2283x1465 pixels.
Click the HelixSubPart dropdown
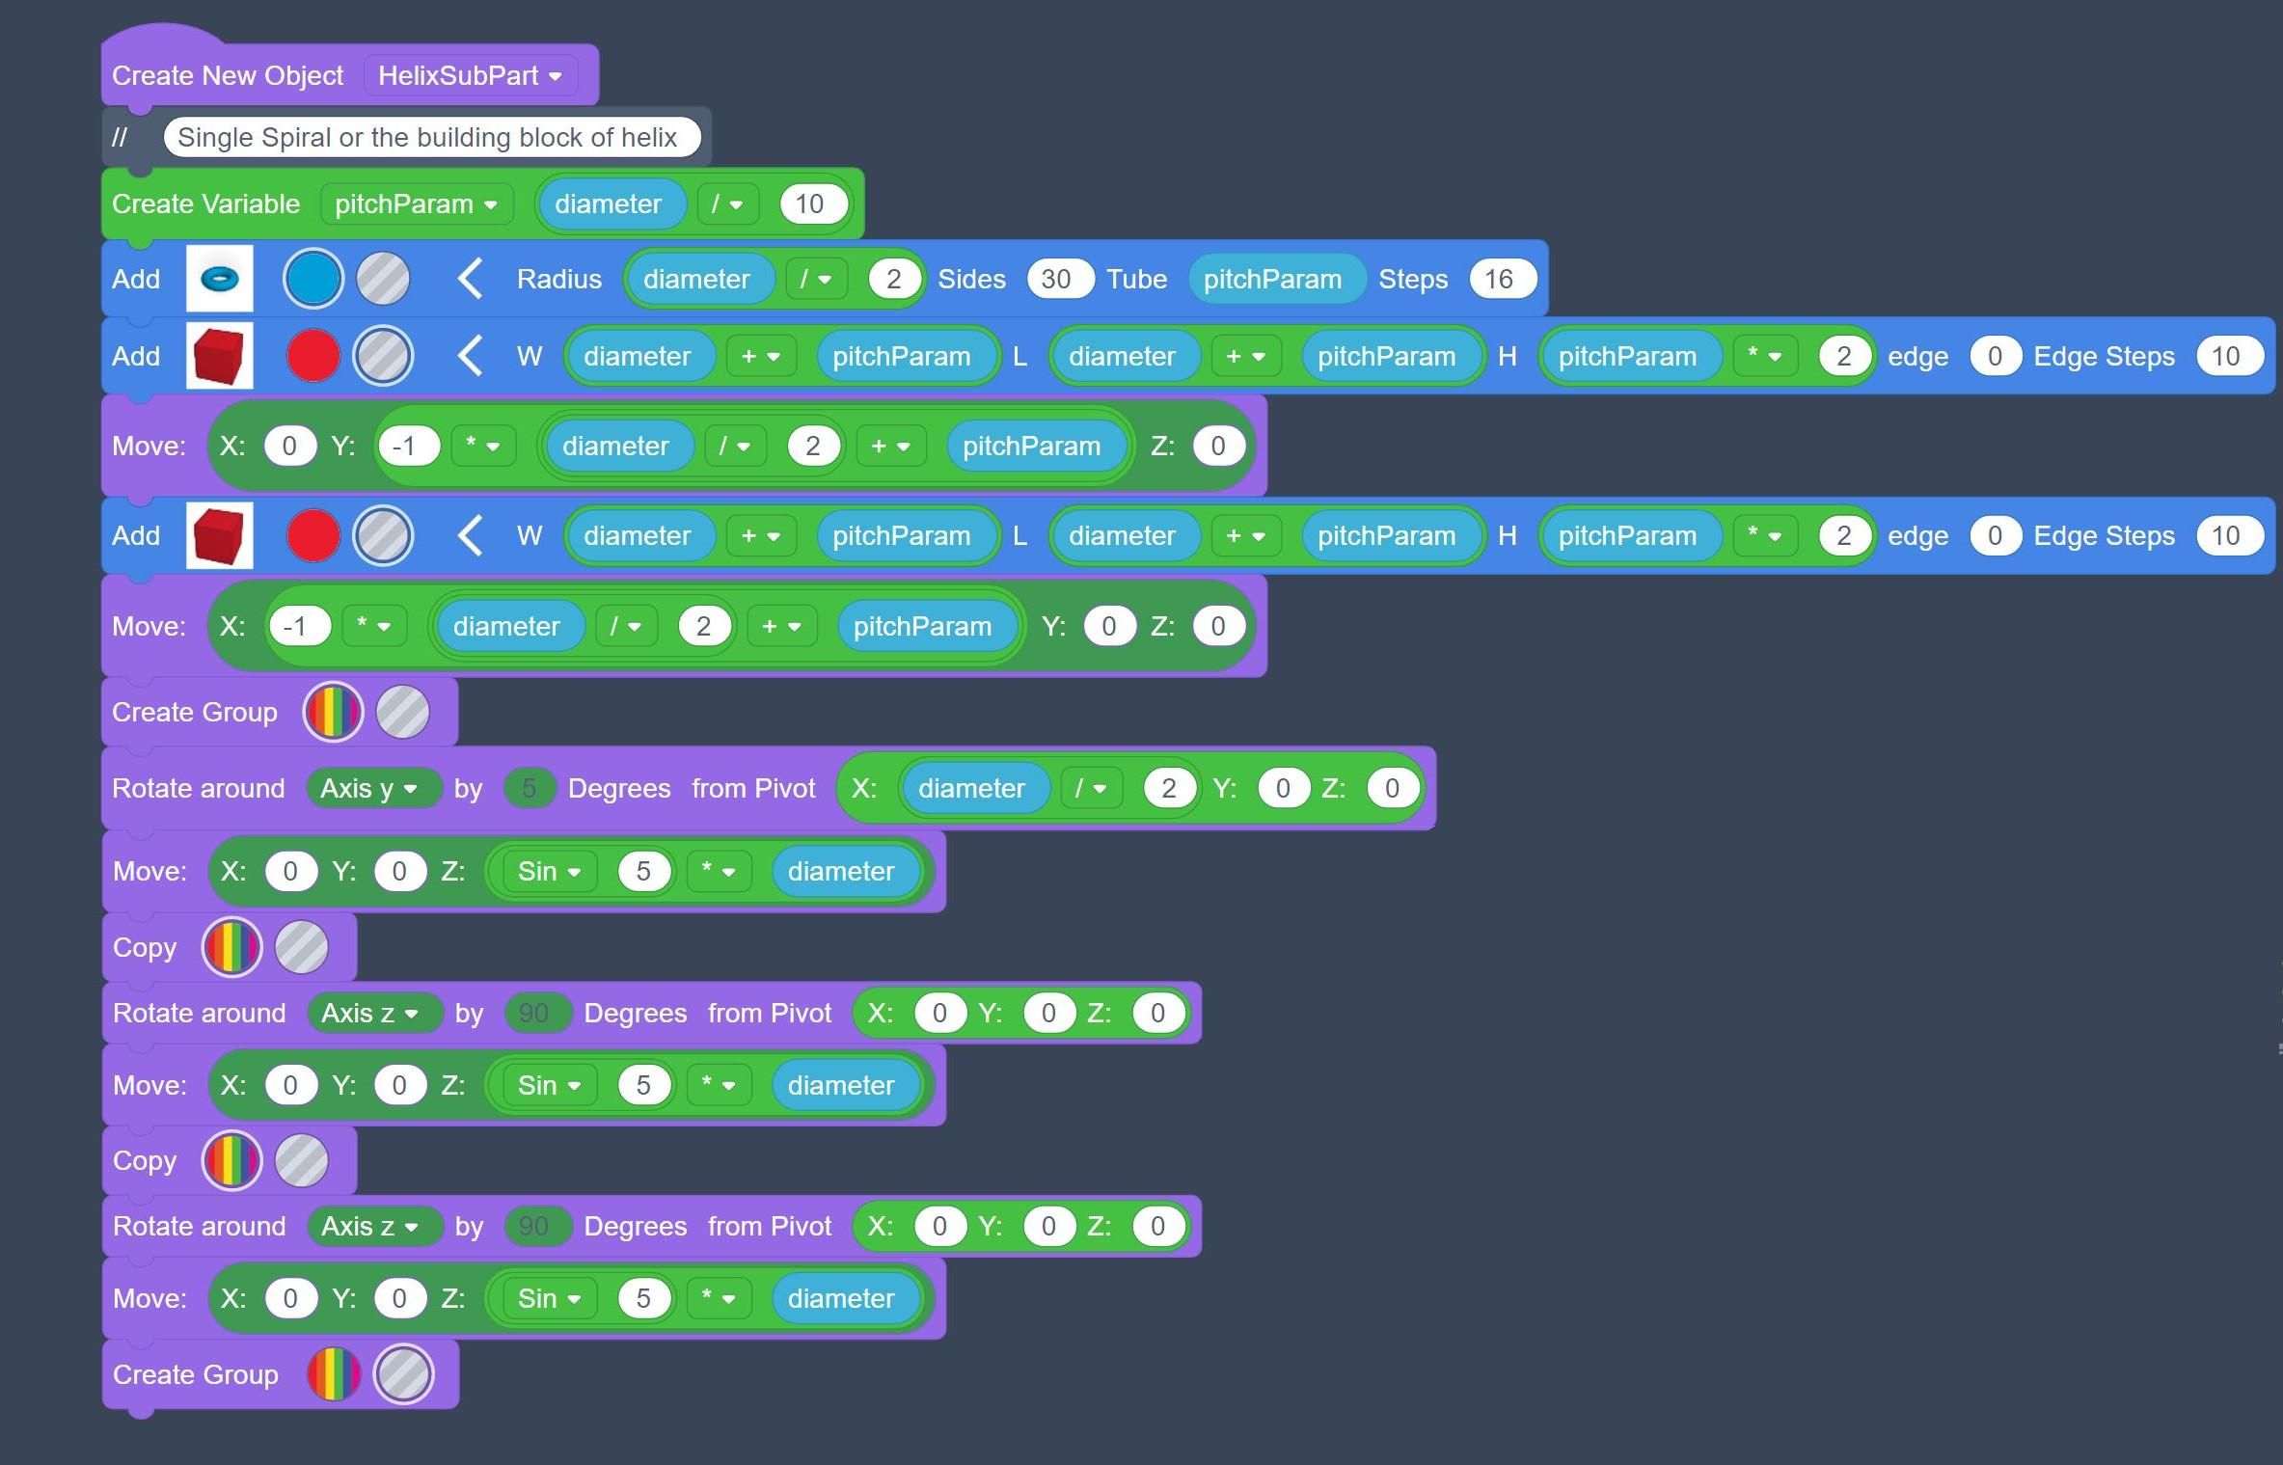pyautogui.click(x=470, y=76)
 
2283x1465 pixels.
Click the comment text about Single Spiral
pyautogui.click(x=427, y=137)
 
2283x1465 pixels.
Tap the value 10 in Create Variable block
pyautogui.click(x=809, y=204)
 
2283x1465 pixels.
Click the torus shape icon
pyautogui.click(x=220, y=279)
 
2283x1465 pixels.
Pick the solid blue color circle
pyautogui.click(x=313, y=279)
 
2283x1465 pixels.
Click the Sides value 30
pyautogui.click(x=1056, y=280)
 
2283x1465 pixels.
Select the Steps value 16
pyautogui.click(x=1498, y=280)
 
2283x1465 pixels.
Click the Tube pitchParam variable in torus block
pyautogui.click(x=1272, y=280)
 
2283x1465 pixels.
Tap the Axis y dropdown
pyautogui.click(x=368, y=789)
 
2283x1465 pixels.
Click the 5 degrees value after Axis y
pyautogui.click(x=529, y=789)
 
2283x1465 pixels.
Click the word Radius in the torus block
pyautogui.click(x=558, y=280)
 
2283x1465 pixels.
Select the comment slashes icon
pyautogui.click(x=120, y=137)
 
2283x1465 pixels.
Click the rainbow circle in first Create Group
pyautogui.click(x=333, y=713)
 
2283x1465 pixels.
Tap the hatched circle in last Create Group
pyautogui.click(x=403, y=1374)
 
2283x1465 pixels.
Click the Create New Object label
pyautogui.click(x=228, y=76)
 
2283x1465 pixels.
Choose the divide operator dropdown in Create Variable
pyautogui.click(x=726, y=204)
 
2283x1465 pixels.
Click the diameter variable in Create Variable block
pyautogui.click(x=608, y=204)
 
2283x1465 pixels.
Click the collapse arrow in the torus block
pyautogui.click(x=470, y=280)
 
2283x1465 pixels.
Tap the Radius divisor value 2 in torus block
pyautogui.click(x=893, y=280)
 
